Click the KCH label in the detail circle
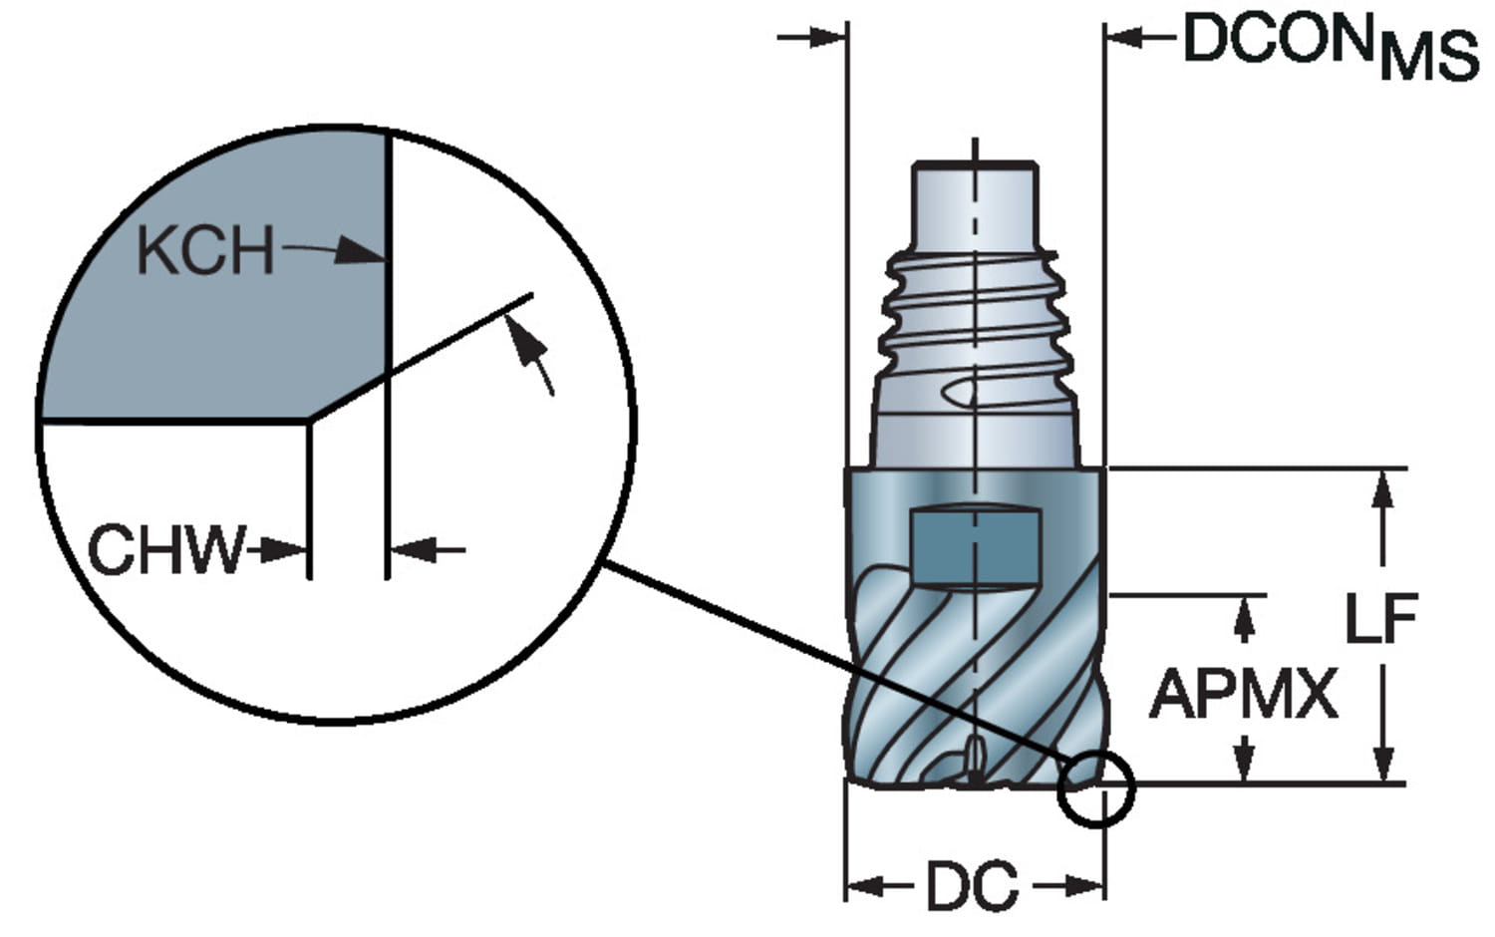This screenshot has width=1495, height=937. (x=205, y=250)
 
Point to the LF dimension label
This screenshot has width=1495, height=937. (x=1381, y=618)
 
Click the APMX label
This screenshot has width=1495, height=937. (x=1244, y=694)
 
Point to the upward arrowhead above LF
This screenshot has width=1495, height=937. (x=1383, y=489)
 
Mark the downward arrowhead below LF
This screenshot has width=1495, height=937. (x=1383, y=763)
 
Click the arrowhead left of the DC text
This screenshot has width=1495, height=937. (x=867, y=885)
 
